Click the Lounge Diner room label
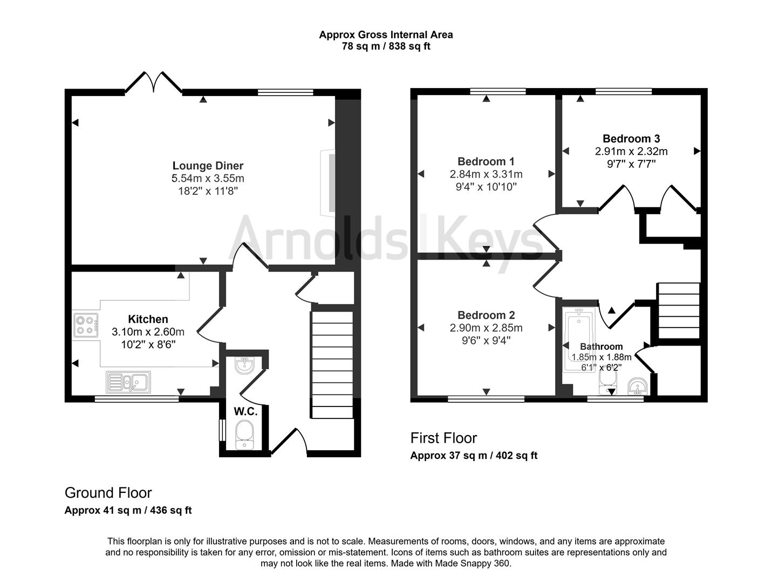(208, 166)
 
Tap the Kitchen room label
(148, 319)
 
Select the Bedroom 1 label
(486, 161)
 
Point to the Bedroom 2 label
(486, 315)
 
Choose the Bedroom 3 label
(631, 139)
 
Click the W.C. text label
(245, 411)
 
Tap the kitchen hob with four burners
(86, 325)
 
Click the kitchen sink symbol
(128, 382)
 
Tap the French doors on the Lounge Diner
(154, 83)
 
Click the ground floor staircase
(332, 364)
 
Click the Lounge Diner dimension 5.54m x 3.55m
(208, 178)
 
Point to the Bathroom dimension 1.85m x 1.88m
(601, 357)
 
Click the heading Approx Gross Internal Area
(386, 35)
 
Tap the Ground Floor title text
(108, 493)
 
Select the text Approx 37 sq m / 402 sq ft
(474, 455)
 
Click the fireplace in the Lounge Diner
(327, 184)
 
